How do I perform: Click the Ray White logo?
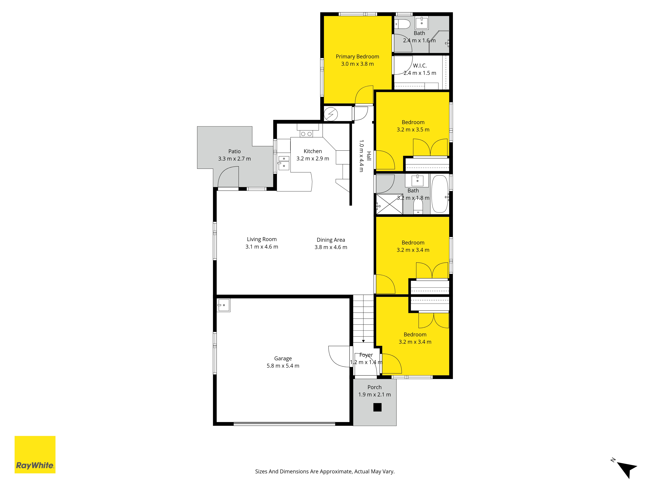pyautogui.click(x=35, y=454)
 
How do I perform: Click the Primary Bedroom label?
pyautogui.click(x=357, y=56)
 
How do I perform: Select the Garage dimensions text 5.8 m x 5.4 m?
pyautogui.click(x=283, y=366)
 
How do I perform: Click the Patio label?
pyautogui.click(x=234, y=151)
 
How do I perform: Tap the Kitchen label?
pyautogui.click(x=313, y=151)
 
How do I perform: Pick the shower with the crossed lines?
pyautogui.click(x=390, y=204)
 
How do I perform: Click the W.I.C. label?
pyautogui.click(x=420, y=66)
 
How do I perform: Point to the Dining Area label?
pyautogui.click(x=331, y=240)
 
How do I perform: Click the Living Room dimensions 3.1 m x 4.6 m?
pyautogui.click(x=262, y=247)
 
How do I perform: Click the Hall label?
pyautogui.click(x=369, y=156)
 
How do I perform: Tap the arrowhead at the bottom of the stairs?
pyautogui.click(x=364, y=341)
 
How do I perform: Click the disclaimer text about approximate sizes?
pyautogui.click(x=325, y=472)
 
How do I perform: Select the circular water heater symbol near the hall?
pyautogui.click(x=331, y=114)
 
